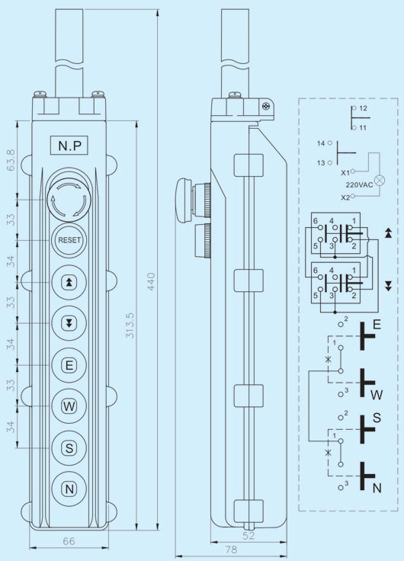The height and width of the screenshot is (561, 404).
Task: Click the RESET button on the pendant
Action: coord(69,239)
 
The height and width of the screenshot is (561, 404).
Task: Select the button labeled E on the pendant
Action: coord(69,365)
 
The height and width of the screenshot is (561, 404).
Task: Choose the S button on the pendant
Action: coord(69,448)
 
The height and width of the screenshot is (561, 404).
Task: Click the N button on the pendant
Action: coord(69,489)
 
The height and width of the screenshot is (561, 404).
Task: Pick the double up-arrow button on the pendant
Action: coord(69,282)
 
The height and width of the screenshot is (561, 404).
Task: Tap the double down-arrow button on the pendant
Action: coord(69,323)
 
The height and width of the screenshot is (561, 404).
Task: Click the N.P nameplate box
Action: coord(69,145)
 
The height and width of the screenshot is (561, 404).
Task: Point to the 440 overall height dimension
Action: coord(151,281)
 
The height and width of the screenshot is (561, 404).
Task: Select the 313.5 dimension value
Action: coord(130,325)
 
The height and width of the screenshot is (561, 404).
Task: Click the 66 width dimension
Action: coord(69,541)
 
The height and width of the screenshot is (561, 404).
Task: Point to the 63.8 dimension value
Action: coord(11,160)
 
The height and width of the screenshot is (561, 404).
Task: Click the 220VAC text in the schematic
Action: coord(359,185)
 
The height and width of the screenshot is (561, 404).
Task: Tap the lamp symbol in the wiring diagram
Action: coord(380,180)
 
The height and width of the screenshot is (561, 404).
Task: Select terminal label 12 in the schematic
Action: coord(363,108)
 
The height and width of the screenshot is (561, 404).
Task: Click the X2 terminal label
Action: coord(345,197)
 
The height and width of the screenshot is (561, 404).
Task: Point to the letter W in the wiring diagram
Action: coord(377,395)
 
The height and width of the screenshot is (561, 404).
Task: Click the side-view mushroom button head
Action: coord(184,200)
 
